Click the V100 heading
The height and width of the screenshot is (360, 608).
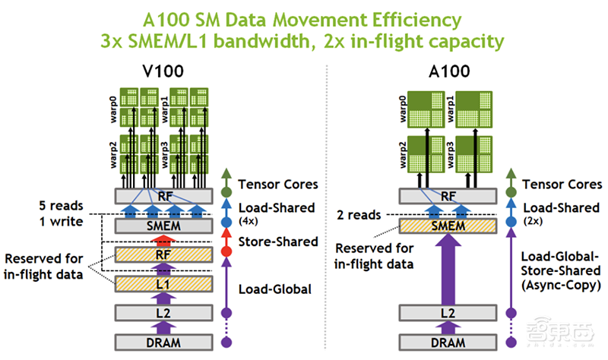tap(163, 73)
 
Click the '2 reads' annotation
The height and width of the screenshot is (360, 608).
tap(357, 215)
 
